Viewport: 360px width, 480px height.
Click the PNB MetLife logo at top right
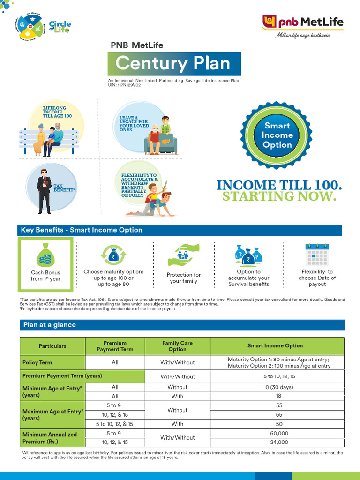coord(302,27)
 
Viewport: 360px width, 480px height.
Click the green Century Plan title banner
coord(174,64)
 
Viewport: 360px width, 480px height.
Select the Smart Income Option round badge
coord(277,135)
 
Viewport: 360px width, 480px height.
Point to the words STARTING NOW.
coord(279,196)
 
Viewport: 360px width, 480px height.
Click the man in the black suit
coord(44,191)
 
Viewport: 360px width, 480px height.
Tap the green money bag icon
coord(45,255)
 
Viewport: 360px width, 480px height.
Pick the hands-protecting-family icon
coord(184,255)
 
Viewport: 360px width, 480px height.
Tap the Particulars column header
coord(52,346)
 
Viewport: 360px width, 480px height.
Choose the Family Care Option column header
coord(177,346)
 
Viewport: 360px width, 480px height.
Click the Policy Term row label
coord(37,362)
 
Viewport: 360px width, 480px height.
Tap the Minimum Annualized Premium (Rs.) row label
coord(50,438)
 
